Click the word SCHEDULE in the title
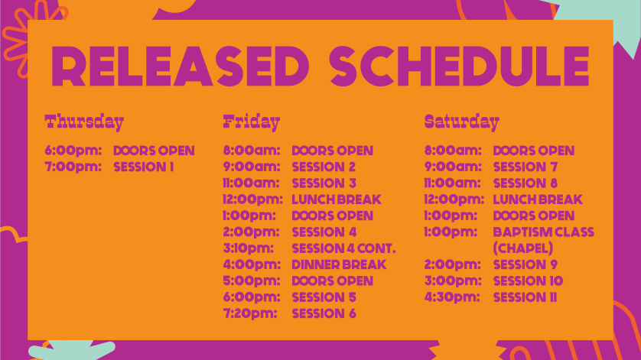click(x=459, y=66)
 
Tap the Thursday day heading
click(x=84, y=122)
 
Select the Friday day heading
click(x=252, y=122)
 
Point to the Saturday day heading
click(x=461, y=122)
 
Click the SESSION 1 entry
click(x=144, y=167)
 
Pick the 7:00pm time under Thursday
click(x=73, y=167)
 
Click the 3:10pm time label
click(x=248, y=248)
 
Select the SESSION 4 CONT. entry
click(x=343, y=248)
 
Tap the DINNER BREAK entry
click(x=339, y=264)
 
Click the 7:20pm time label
click(x=250, y=314)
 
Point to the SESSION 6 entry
click(x=324, y=314)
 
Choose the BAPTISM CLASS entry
click(x=543, y=232)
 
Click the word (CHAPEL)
click(x=523, y=248)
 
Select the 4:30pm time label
click(x=452, y=297)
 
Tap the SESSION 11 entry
click(x=525, y=297)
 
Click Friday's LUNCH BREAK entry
click(x=337, y=199)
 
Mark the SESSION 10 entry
click(x=528, y=281)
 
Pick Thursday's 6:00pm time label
click(x=73, y=151)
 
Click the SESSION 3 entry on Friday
click(x=324, y=183)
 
